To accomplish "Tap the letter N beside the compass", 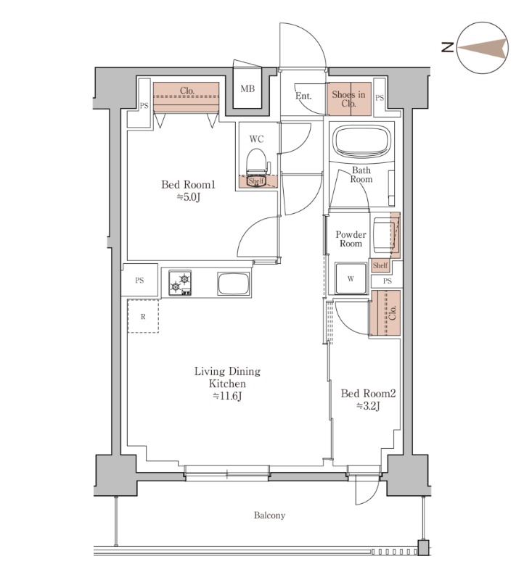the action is pyautogui.click(x=448, y=47).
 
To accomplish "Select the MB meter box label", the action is pyautogui.click(x=247, y=88).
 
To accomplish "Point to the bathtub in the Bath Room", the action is pyautogui.click(x=361, y=143).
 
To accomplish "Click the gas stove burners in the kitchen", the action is pyautogui.click(x=180, y=283).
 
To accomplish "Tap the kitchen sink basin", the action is pyautogui.click(x=233, y=283).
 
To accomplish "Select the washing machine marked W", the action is pyautogui.click(x=351, y=278).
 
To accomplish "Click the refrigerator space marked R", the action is pyautogui.click(x=143, y=316).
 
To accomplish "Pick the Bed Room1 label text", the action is pyautogui.click(x=188, y=185).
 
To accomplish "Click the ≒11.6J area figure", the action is pyautogui.click(x=227, y=396).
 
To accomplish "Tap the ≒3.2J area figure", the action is pyautogui.click(x=369, y=406).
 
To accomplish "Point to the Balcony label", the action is pyautogui.click(x=269, y=515).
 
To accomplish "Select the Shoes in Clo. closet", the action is pyautogui.click(x=349, y=99).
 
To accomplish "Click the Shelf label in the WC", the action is pyautogui.click(x=256, y=181).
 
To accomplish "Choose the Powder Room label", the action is pyautogui.click(x=351, y=239).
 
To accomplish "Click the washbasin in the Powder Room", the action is pyautogui.click(x=385, y=235).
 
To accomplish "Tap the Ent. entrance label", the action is pyautogui.click(x=303, y=96).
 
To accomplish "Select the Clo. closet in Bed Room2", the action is pyautogui.click(x=385, y=313).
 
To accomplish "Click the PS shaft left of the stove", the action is pyautogui.click(x=139, y=280).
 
